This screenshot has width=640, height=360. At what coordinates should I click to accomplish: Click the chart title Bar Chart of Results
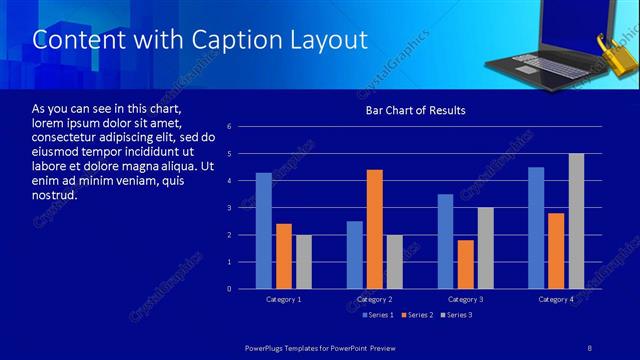click(x=415, y=110)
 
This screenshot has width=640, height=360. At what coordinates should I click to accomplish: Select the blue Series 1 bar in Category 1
click(x=263, y=231)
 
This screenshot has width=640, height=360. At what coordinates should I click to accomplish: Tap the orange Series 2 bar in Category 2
click(x=375, y=229)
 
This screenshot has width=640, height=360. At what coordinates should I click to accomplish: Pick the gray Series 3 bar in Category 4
click(x=576, y=221)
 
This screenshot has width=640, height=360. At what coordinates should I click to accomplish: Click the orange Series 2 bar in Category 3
click(x=465, y=264)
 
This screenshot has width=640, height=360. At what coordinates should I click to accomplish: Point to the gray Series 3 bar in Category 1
click(x=303, y=262)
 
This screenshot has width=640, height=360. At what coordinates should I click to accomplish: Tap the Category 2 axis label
click(x=375, y=299)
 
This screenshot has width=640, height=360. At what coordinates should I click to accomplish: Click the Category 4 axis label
click(x=556, y=299)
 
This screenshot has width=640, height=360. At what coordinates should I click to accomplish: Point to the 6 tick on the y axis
click(x=230, y=127)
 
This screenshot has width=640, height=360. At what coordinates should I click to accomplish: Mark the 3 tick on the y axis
click(x=230, y=208)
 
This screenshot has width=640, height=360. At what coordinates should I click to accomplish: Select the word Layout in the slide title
click(x=326, y=40)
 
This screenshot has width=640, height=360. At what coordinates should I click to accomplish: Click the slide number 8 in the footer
click(x=590, y=346)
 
